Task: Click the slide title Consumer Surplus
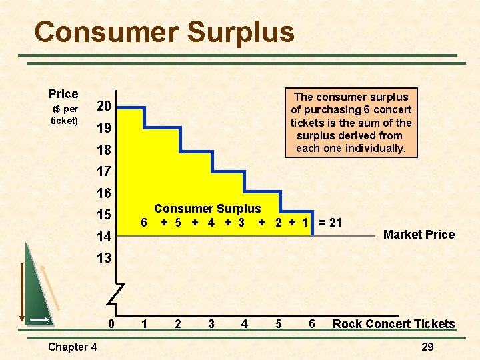coord(164,32)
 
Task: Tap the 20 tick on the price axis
coord(103,107)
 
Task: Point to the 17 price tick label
coord(103,171)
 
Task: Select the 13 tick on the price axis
coord(103,258)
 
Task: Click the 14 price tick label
coord(103,236)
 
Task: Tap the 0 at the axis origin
coord(112,324)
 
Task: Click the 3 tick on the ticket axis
coord(211,324)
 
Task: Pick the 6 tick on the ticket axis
coord(311,324)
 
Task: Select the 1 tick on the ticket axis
coord(144,324)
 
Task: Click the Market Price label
coord(419,235)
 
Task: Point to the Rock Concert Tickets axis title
coord(393,324)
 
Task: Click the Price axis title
coord(63,94)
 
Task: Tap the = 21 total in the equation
coord(330,223)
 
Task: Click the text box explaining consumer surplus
coord(351,123)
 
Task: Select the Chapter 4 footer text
coord(72,347)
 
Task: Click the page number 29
coord(427,347)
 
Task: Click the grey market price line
coord(347,237)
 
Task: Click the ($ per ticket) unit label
coord(65,115)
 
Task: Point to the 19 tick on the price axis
coord(103,128)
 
